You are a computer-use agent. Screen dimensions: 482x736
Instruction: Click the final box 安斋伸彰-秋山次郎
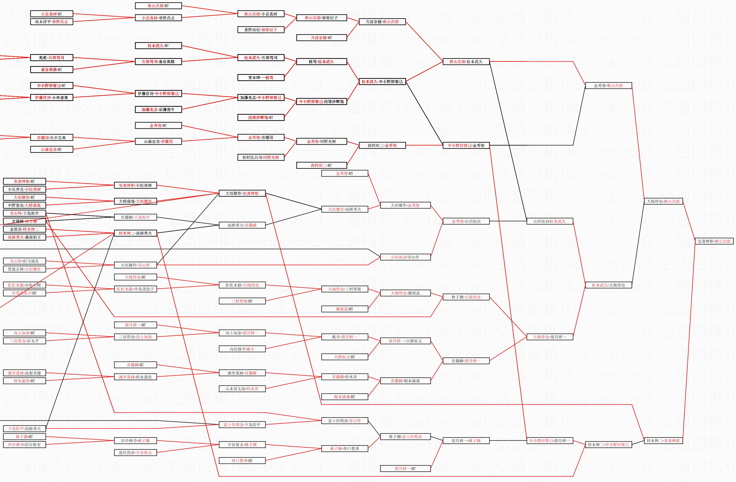[x=714, y=241]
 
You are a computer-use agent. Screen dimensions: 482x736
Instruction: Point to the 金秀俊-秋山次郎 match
[x=608, y=86]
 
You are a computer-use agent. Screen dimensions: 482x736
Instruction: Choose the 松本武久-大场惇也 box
[x=608, y=285]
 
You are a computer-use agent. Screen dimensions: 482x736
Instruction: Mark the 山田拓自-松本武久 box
[x=549, y=221]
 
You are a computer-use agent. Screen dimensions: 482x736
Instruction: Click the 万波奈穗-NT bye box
[x=321, y=38]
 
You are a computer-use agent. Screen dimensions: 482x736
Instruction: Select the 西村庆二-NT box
[x=321, y=165]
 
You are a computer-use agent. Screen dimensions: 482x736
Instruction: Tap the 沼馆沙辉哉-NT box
[x=261, y=117]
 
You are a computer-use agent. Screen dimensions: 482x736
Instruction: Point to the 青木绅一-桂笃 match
[x=261, y=78]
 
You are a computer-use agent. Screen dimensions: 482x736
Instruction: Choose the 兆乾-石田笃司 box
[x=52, y=58]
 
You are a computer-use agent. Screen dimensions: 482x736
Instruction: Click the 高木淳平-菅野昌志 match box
[x=52, y=22]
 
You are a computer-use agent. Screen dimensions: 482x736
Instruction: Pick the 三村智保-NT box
[x=242, y=301]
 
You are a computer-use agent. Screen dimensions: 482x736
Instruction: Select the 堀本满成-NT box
[x=344, y=397]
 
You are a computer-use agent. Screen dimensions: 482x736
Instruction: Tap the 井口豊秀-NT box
[x=242, y=460]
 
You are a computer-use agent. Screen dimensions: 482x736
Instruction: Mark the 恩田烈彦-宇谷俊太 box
[x=135, y=453]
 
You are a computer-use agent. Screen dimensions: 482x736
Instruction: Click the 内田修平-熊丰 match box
[x=242, y=349]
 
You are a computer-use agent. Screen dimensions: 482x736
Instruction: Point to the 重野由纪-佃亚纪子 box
[x=261, y=30]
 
